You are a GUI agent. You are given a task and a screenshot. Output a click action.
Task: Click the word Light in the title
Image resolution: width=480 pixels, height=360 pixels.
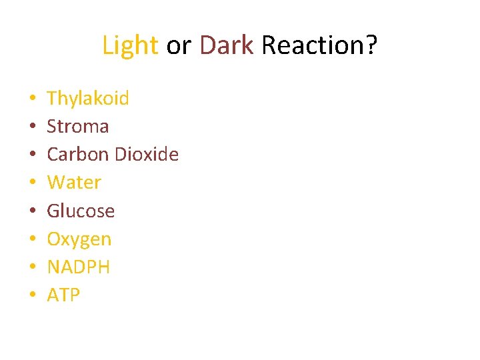130,45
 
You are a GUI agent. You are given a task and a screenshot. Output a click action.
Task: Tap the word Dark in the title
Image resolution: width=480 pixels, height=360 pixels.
227,45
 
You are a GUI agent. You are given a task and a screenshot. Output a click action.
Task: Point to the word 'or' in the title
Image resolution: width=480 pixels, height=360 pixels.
179,45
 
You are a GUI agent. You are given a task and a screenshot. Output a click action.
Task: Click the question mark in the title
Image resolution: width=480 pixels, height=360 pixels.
372,45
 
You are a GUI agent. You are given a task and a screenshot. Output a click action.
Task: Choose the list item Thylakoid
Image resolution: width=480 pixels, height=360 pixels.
88,99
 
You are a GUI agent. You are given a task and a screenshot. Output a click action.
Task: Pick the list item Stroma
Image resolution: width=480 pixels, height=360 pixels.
77,127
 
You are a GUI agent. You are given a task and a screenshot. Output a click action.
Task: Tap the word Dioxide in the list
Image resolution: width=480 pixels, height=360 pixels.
147,155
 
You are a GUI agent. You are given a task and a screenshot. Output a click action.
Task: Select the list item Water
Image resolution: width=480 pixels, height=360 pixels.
74,183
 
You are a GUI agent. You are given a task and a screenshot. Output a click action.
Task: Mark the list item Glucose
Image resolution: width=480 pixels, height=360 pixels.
81,211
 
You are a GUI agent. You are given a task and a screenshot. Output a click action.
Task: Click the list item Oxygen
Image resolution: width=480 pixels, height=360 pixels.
79,239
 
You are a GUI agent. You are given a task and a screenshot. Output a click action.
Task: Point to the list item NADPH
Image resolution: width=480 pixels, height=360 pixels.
79,267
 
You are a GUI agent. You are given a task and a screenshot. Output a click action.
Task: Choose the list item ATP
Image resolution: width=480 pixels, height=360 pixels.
63,295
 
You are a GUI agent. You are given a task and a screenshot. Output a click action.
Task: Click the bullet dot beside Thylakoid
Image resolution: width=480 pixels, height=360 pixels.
32,99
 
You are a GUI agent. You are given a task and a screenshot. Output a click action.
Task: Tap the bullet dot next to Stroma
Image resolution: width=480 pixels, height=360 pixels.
32,127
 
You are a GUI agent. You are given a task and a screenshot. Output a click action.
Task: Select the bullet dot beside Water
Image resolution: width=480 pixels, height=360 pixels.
32,183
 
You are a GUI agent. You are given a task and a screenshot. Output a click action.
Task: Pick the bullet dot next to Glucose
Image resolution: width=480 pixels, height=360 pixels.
32,212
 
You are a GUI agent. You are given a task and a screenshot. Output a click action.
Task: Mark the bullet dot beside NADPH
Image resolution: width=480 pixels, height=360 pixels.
32,268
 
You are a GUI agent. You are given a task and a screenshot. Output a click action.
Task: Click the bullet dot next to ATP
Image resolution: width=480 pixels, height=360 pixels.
32,296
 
